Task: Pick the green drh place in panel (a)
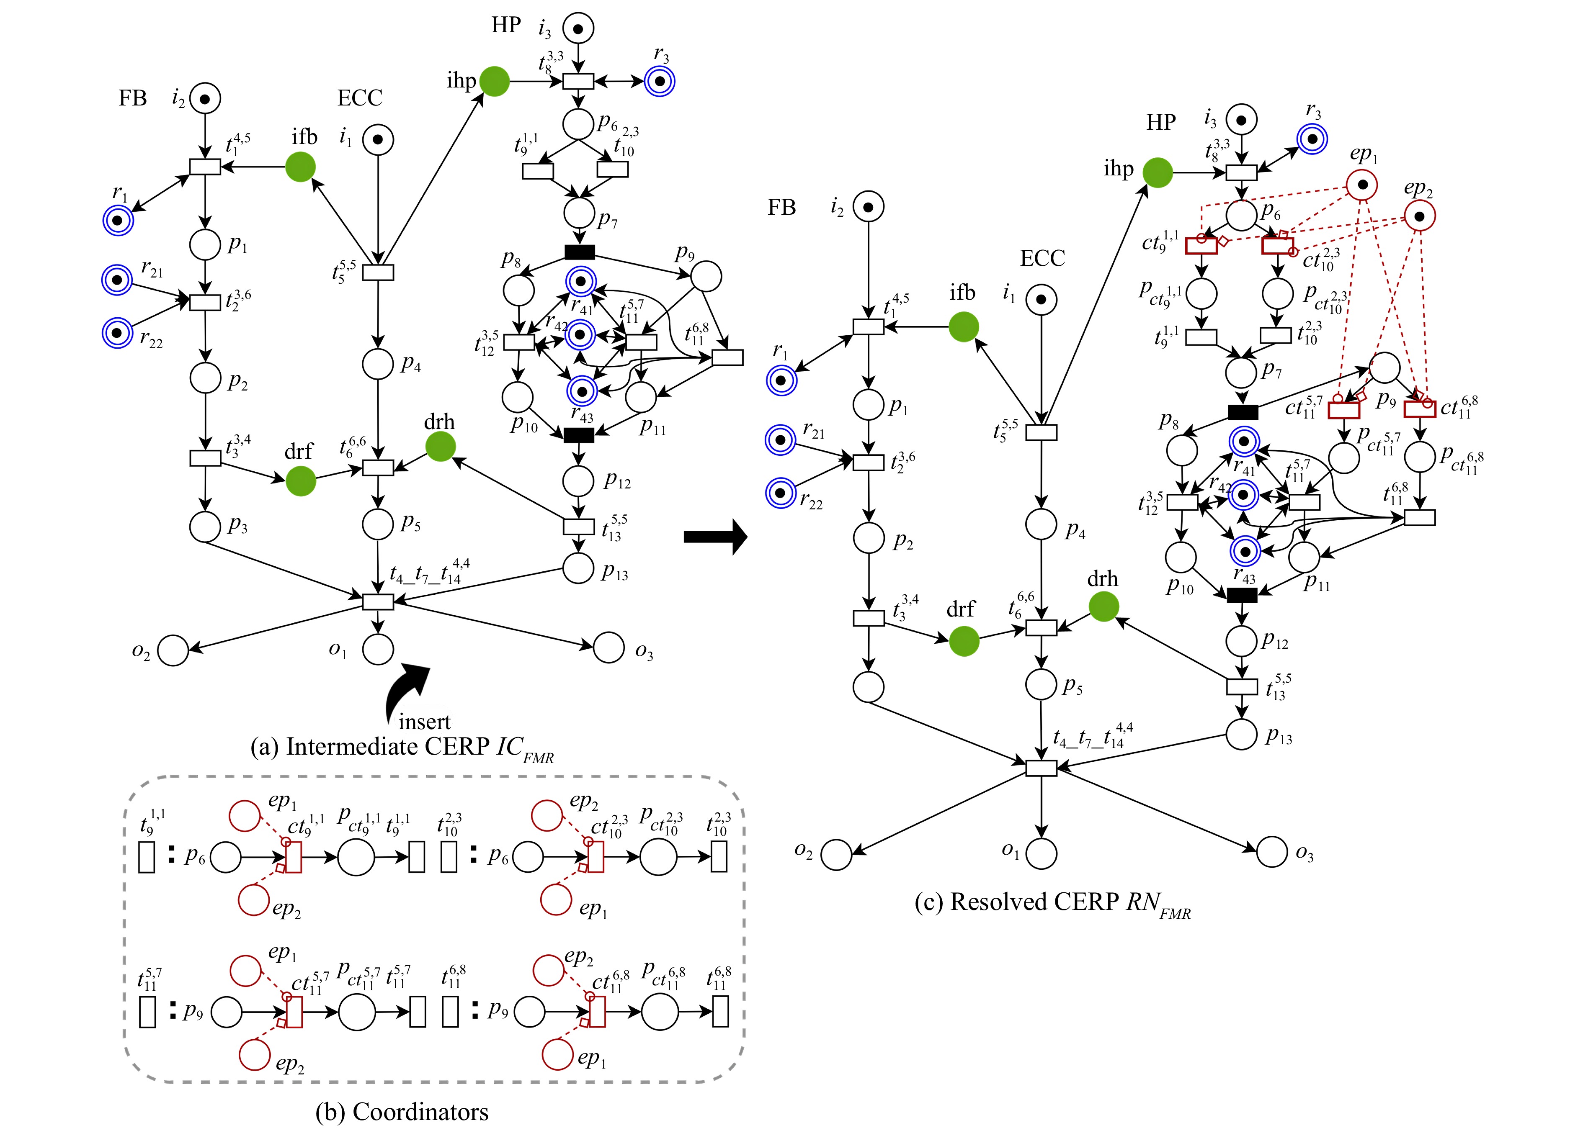(x=441, y=447)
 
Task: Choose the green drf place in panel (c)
(x=964, y=641)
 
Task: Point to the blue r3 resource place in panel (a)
(x=660, y=81)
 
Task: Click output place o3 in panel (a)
(x=609, y=648)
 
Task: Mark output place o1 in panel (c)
(x=1041, y=854)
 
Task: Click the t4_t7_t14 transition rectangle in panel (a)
(x=378, y=601)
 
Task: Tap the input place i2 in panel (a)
(x=205, y=99)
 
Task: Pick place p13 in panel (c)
(x=1241, y=733)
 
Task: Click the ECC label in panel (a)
(x=360, y=98)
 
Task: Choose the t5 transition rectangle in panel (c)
(x=1041, y=432)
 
